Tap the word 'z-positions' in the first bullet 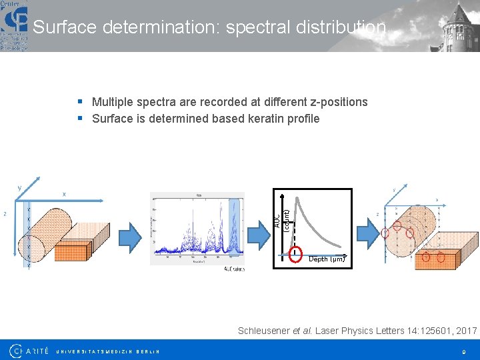pyautogui.click(x=339, y=102)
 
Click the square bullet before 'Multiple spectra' pyautogui.click(x=80, y=102)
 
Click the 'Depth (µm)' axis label pyautogui.click(x=327, y=259)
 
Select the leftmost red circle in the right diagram pyautogui.click(x=385, y=233)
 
